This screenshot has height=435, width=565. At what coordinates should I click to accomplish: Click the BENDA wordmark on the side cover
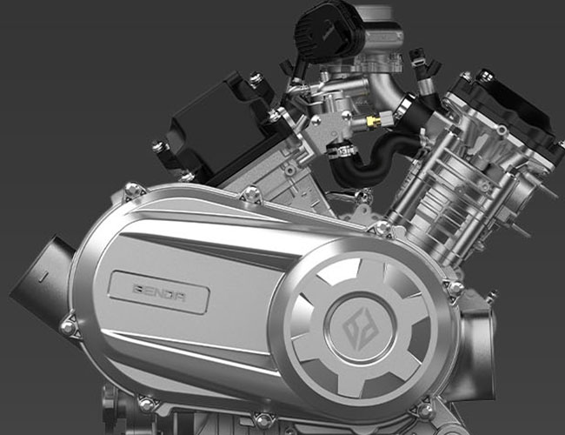click(159, 292)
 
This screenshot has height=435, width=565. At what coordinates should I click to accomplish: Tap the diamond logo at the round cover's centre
click(359, 329)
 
